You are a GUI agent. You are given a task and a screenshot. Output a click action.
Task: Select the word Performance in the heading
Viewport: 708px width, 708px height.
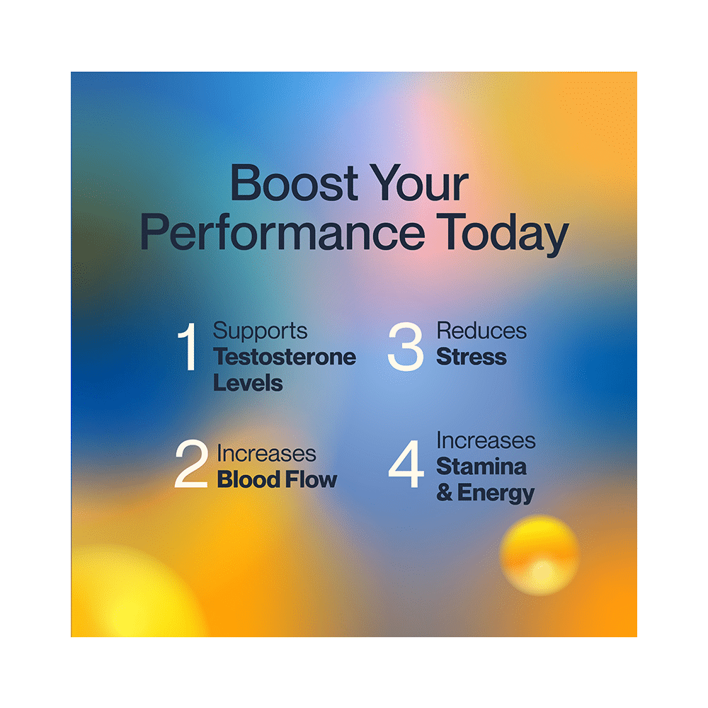point(282,235)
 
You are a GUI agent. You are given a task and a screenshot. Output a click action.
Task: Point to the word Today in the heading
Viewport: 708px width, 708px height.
point(502,235)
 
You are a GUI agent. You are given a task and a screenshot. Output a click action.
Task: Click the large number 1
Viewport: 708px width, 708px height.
point(188,348)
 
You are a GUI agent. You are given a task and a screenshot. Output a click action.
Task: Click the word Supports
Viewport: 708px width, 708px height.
point(261,331)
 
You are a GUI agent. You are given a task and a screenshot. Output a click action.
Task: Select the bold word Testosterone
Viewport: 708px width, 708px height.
point(285,357)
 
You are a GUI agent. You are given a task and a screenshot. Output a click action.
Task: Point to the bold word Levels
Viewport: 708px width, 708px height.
point(248,383)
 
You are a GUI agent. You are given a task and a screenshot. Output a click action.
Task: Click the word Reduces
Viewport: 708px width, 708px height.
point(481,331)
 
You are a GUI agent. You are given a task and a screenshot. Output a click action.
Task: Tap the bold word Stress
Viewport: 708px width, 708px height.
point(472,357)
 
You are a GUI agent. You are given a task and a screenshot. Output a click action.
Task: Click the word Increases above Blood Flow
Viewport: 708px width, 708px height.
point(266,454)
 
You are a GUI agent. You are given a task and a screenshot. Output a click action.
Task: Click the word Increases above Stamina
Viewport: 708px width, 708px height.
point(486,440)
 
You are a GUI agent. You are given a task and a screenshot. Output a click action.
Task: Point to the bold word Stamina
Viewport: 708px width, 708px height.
point(481,467)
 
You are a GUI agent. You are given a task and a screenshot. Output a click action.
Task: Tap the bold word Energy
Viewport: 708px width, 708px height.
point(496,493)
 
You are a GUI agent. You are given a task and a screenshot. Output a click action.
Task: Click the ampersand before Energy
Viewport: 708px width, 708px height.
point(445,493)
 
